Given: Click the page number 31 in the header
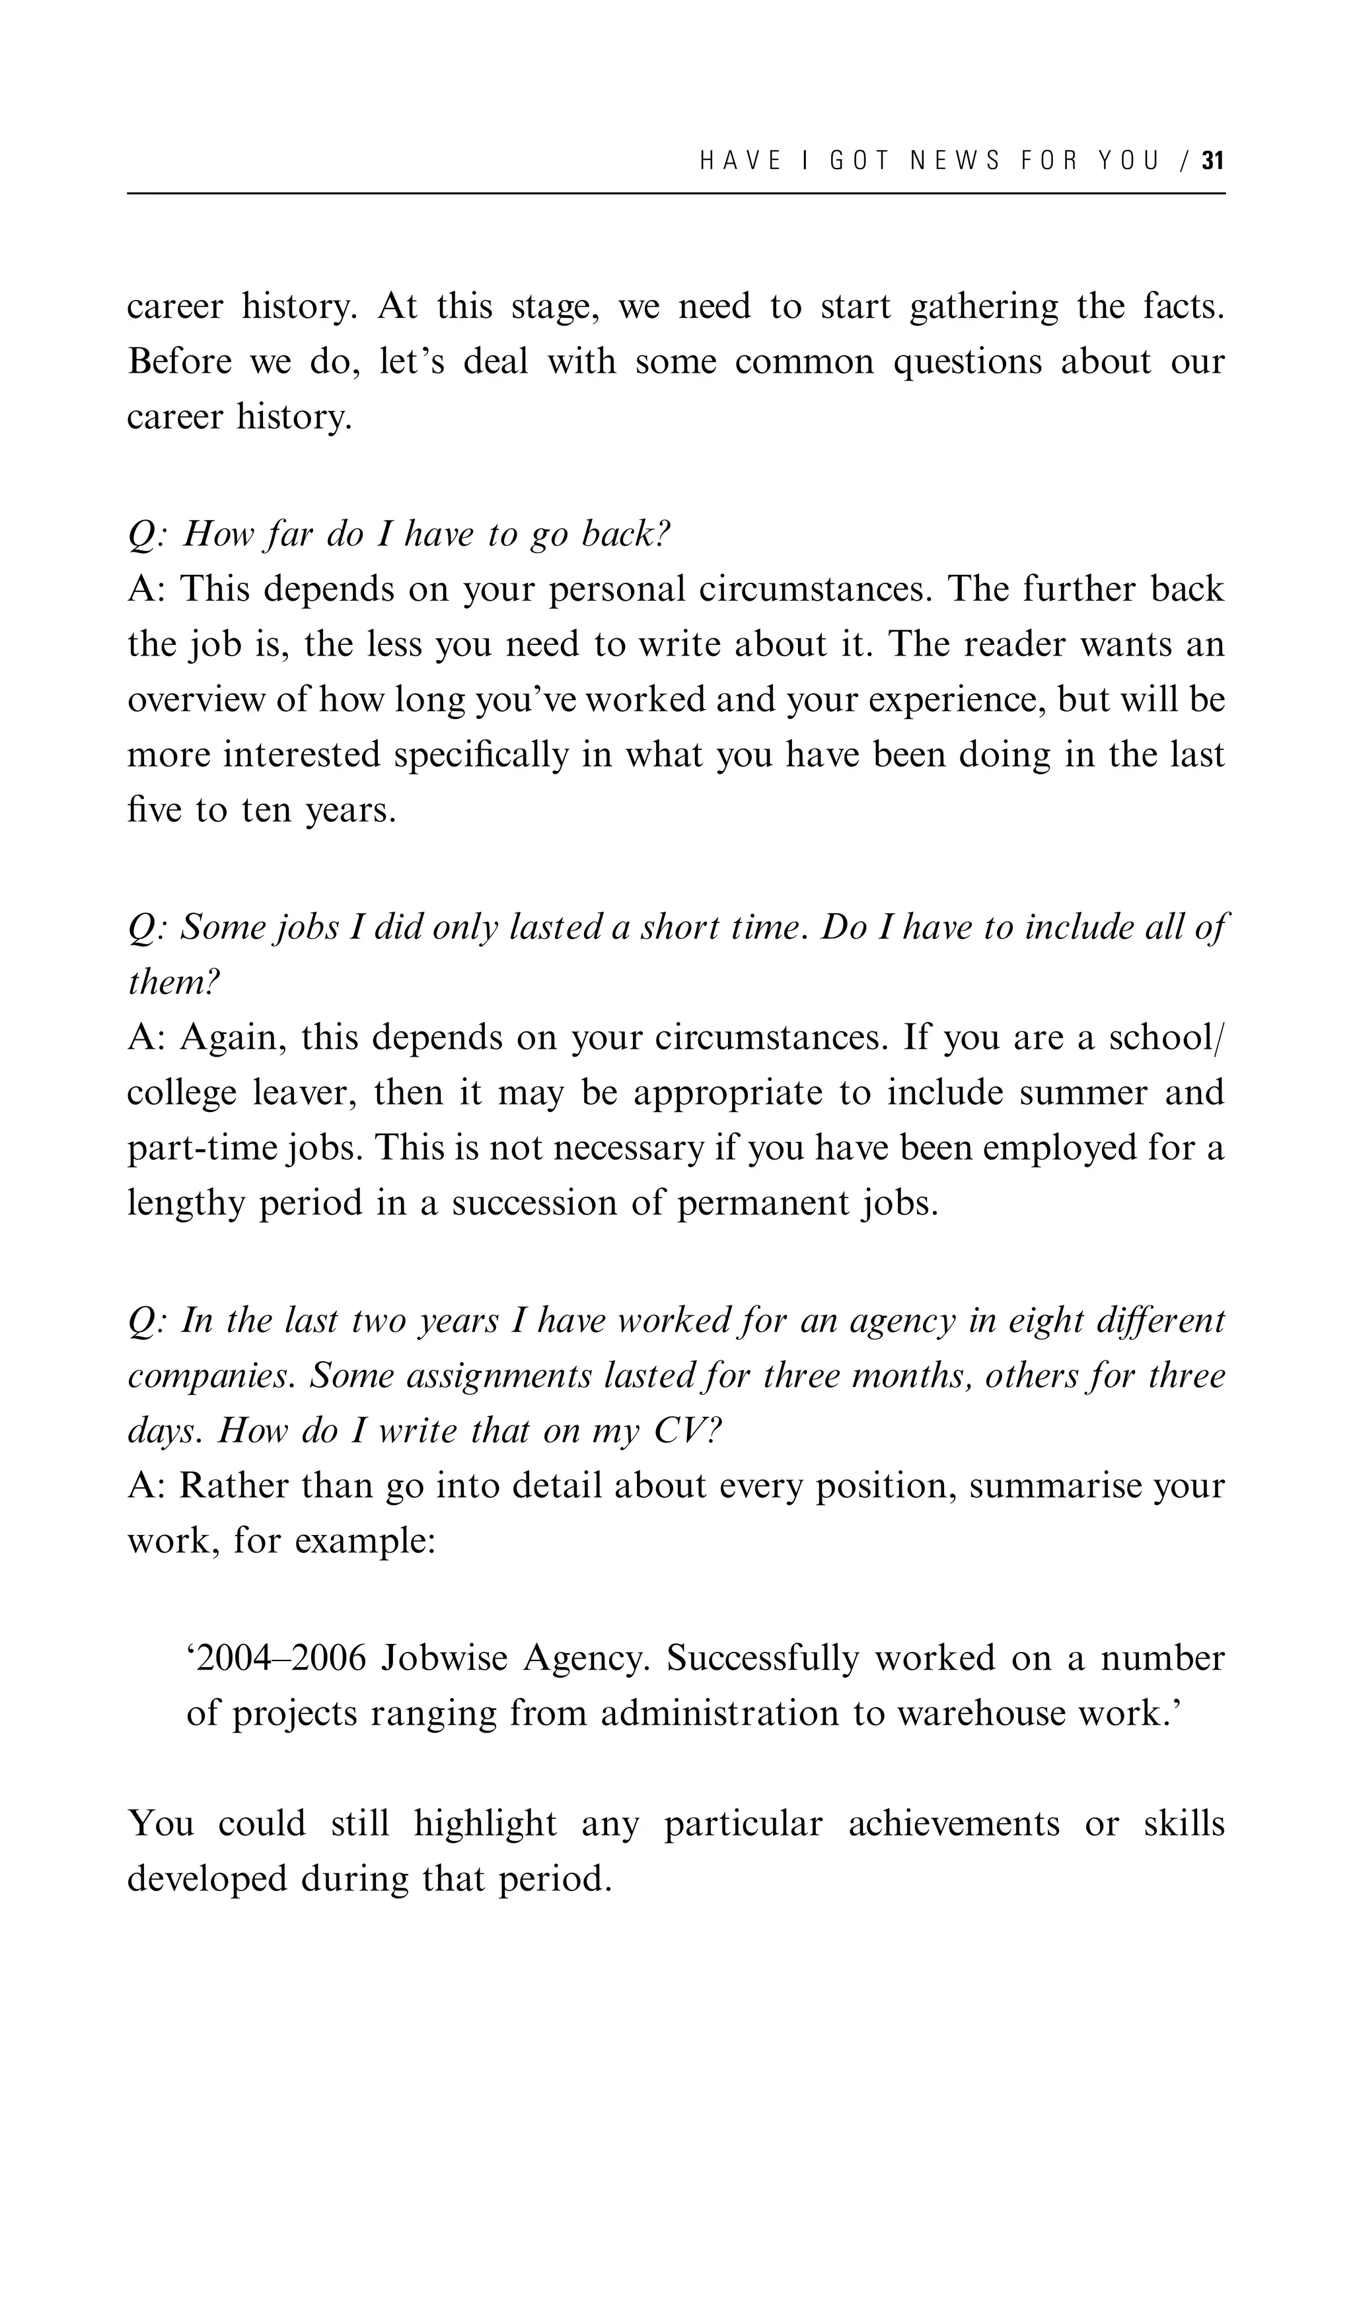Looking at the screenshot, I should click(x=1213, y=161).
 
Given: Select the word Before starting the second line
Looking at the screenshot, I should click(x=180, y=361).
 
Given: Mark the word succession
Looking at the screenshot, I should click(x=534, y=1204).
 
